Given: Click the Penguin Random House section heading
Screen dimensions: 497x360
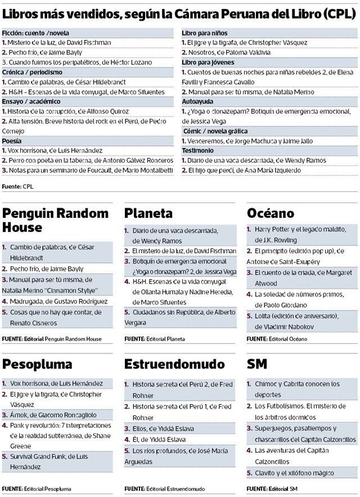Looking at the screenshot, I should pos(55,220).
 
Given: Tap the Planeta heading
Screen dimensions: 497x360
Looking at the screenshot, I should pos(148,213).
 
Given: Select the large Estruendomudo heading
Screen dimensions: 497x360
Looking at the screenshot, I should pos(174,364).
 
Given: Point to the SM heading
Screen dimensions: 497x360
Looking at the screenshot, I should pos(257,364).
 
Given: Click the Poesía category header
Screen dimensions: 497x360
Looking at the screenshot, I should pos(12,141).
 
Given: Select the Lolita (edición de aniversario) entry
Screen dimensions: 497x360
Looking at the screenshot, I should pos(298,321).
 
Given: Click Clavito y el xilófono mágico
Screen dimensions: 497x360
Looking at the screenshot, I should pos(292,472).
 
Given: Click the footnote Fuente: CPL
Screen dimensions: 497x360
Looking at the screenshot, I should pos(18,185).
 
